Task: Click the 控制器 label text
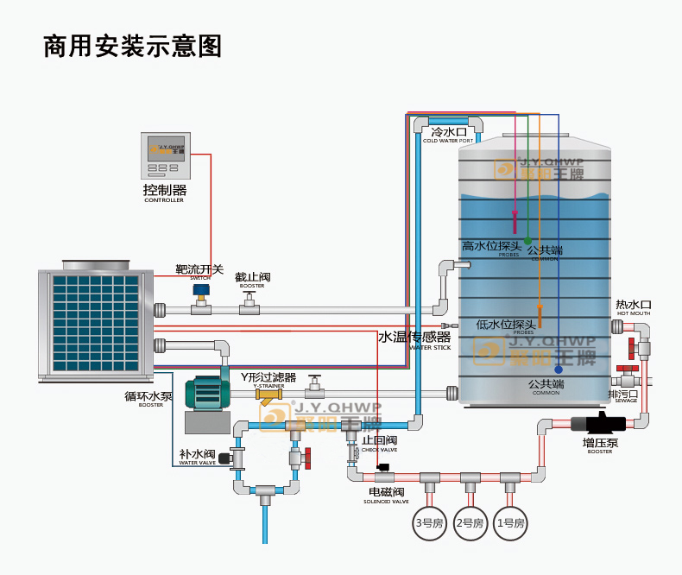click(164, 189)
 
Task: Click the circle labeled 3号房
click(428, 522)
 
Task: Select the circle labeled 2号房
click(469, 522)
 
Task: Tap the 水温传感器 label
click(414, 337)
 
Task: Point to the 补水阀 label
click(196, 453)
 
